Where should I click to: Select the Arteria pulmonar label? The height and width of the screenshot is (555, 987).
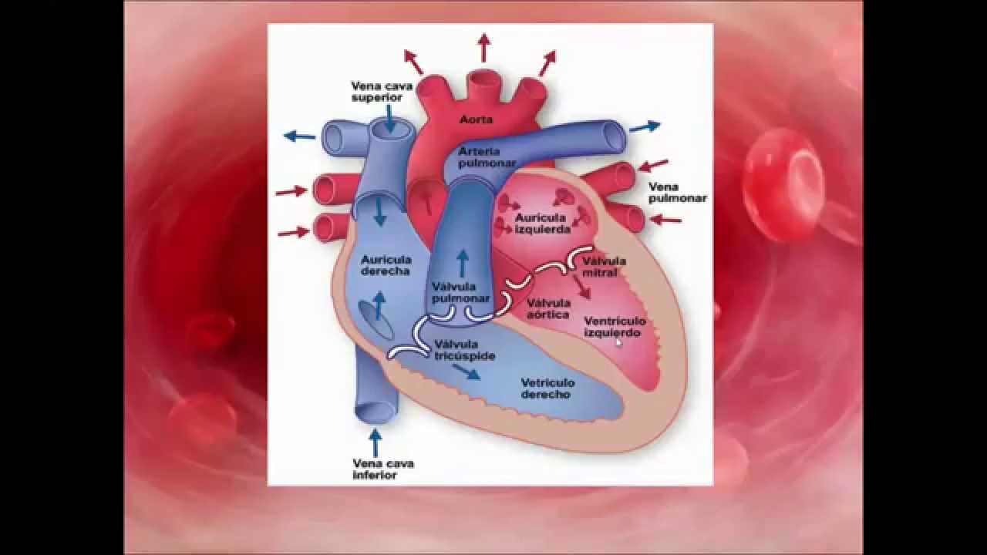pyautogui.click(x=480, y=157)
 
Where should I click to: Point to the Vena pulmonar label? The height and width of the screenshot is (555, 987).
pyautogui.click(x=677, y=193)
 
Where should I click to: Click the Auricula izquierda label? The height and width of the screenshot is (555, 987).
pyautogui.click(x=543, y=224)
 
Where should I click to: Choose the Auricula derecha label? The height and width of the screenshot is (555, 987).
pyautogui.click(x=386, y=265)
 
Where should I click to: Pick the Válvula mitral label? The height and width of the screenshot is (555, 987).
pyautogui.click(x=605, y=267)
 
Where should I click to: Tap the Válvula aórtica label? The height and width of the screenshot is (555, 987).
pyautogui.click(x=548, y=308)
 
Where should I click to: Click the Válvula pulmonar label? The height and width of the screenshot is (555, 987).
pyautogui.click(x=461, y=292)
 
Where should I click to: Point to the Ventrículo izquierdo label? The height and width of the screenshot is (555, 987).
pyautogui.click(x=614, y=327)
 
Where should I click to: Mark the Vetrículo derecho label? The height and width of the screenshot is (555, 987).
pyautogui.click(x=547, y=388)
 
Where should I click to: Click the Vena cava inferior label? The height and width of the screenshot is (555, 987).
pyautogui.click(x=382, y=469)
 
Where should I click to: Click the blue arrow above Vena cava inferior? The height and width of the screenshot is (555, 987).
pyautogui.click(x=376, y=442)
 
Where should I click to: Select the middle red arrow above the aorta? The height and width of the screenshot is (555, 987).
pyautogui.click(x=483, y=47)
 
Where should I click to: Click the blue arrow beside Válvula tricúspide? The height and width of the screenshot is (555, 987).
pyautogui.click(x=466, y=372)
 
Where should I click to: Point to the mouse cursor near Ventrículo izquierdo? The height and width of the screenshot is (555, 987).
pyautogui.click(x=619, y=342)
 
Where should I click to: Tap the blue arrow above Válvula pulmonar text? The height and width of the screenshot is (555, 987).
pyautogui.click(x=462, y=262)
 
